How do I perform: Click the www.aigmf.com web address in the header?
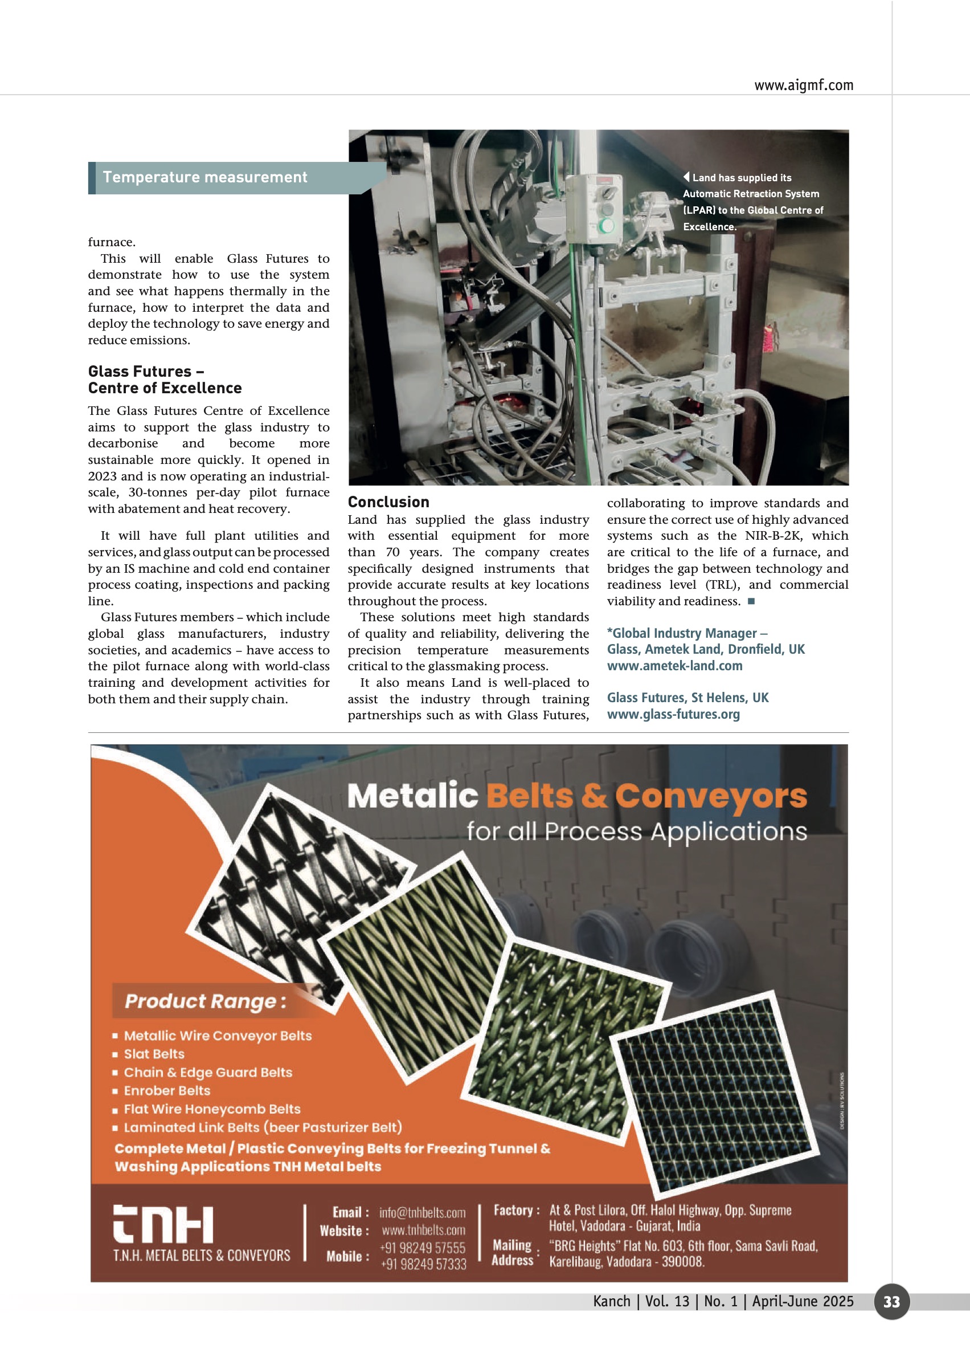click(803, 85)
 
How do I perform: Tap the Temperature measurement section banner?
click(205, 177)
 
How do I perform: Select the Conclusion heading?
click(388, 502)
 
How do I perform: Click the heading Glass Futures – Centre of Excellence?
click(164, 380)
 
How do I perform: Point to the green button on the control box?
click(606, 226)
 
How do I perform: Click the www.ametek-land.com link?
click(674, 666)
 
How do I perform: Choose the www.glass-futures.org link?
click(673, 714)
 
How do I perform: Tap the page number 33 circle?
click(891, 1301)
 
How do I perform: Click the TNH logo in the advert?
click(163, 1224)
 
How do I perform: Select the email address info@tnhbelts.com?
click(421, 1212)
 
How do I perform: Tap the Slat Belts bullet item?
click(154, 1054)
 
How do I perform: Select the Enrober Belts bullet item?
click(167, 1090)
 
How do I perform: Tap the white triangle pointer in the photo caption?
click(686, 177)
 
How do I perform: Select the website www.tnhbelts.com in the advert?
click(423, 1230)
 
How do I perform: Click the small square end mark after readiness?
click(751, 601)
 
